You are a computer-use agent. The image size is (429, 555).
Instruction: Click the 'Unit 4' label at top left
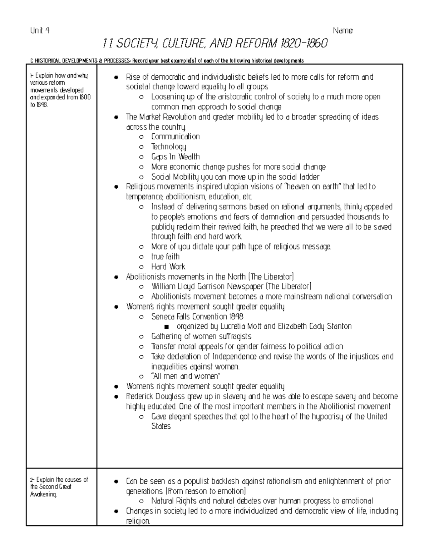(40, 31)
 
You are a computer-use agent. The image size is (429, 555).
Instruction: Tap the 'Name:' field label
(343, 31)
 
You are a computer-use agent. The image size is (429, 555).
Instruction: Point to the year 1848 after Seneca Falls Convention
(236, 317)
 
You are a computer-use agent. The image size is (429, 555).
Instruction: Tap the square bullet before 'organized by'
(166, 327)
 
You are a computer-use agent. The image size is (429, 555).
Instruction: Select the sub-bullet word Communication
(175, 137)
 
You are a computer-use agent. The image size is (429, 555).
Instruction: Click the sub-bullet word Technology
(168, 147)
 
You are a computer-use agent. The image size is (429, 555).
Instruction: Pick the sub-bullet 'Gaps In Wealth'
(175, 157)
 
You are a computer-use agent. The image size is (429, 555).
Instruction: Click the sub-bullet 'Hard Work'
(168, 267)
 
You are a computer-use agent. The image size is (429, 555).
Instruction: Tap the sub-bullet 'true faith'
(165, 257)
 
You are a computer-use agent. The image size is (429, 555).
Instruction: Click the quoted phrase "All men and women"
(186, 376)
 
